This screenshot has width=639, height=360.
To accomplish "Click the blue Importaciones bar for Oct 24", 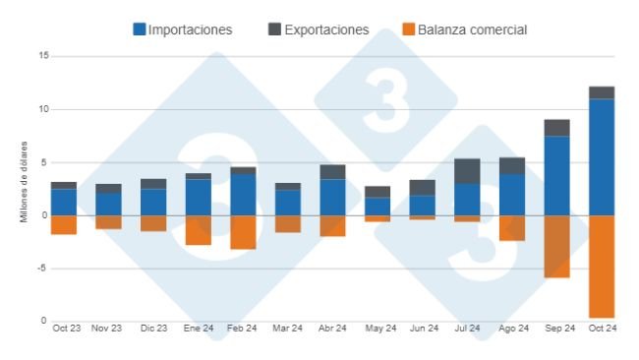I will [602, 157].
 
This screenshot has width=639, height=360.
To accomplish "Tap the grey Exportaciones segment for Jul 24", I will [467, 171].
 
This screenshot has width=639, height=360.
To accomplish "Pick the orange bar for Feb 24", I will [243, 232].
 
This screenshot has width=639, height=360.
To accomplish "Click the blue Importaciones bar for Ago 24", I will [512, 195].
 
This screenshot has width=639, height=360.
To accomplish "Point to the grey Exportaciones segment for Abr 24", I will [332, 172].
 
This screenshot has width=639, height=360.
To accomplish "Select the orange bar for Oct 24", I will [602, 266].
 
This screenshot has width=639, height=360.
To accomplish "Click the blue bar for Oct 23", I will [64, 202].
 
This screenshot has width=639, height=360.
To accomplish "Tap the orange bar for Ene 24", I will [199, 230].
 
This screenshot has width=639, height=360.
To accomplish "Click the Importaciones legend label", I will [190, 30].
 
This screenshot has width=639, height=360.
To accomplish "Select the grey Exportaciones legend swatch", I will [274, 30].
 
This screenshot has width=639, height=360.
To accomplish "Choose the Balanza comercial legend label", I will [473, 30].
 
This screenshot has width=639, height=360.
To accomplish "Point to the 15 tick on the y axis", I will [43, 56].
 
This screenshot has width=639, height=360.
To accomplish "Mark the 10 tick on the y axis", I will [43, 109].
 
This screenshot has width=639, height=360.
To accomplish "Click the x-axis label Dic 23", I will [153, 328].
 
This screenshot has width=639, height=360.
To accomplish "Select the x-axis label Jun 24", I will [423, 328].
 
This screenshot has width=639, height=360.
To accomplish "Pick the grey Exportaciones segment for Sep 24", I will [556, 127].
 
